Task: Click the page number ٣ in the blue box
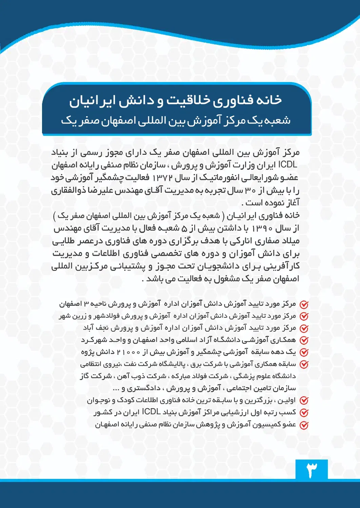[x=312, y=470]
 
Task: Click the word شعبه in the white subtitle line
[x=278, y=120]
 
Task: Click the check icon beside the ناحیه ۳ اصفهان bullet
[x=304, y=304]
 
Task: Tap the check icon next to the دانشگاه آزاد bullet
[x=304, y=340]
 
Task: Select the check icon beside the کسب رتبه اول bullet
[x=304, y=413]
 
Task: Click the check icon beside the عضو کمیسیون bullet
[x=304, y=425]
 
